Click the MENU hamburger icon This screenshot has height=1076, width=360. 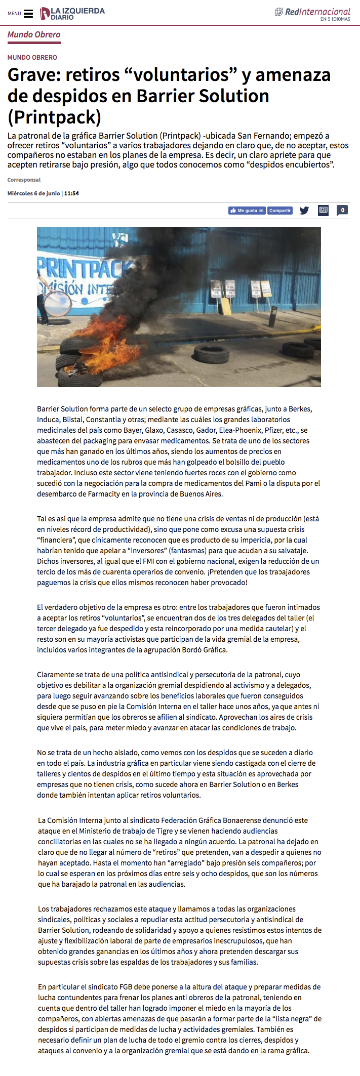[28, 14]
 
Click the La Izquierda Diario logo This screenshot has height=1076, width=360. [72, 14]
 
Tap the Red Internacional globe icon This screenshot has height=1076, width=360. [278, 12]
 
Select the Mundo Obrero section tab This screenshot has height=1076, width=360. [34, 35]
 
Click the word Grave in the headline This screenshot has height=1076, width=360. [34, 75]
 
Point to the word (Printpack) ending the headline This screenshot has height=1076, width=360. [54, 117]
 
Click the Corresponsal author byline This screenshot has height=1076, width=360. [24, 180]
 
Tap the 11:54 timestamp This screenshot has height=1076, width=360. [71, 193]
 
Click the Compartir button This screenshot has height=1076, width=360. [280, 211]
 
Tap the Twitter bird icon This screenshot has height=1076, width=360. [304, 211]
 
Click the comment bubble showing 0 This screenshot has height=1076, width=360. [342, 210]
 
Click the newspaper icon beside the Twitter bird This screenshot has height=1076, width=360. [323, 210]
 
